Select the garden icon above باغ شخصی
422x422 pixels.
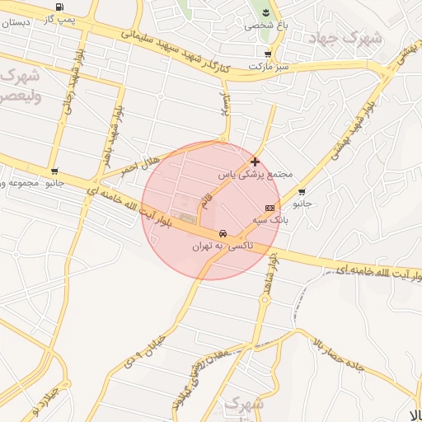pos(266,12)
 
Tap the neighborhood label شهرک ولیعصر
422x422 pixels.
pos(20,85)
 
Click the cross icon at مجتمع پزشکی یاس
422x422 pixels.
pos(255,162)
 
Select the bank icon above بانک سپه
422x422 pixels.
pos(270,207)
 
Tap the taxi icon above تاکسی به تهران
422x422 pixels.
pos(223,234)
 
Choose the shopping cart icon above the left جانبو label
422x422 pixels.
pos(54,172)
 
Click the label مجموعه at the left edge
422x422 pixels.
pos(20,183)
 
